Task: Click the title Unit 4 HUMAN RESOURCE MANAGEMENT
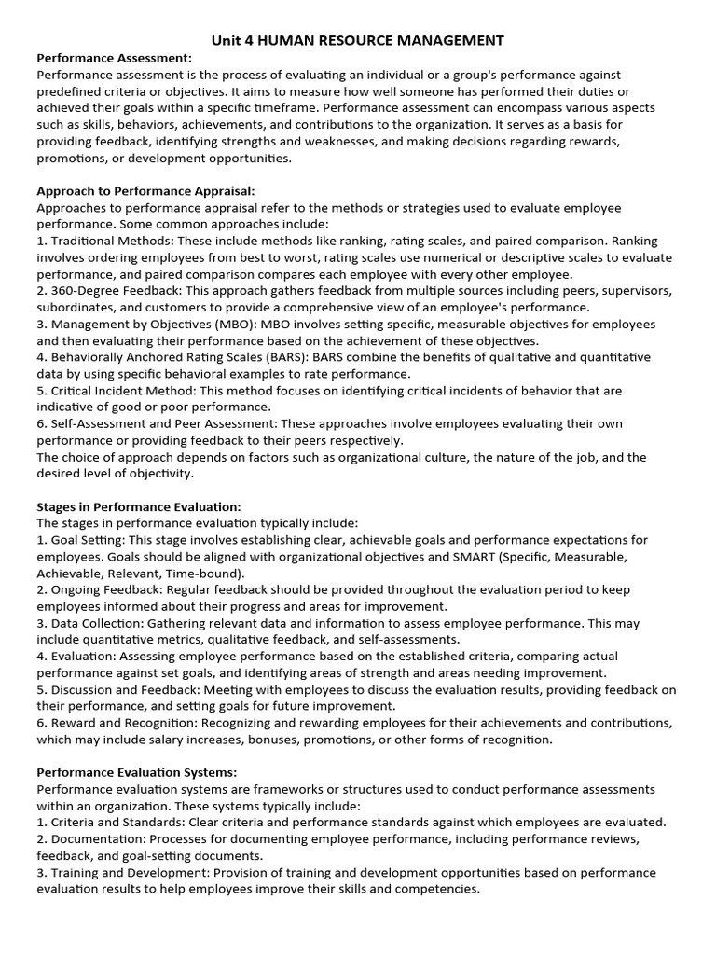click(358, 40)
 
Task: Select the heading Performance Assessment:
click(114, 58)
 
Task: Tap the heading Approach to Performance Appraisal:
click(145, 190)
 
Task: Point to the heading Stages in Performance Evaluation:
click(138, 506)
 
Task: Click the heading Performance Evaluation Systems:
click(136, 772)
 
